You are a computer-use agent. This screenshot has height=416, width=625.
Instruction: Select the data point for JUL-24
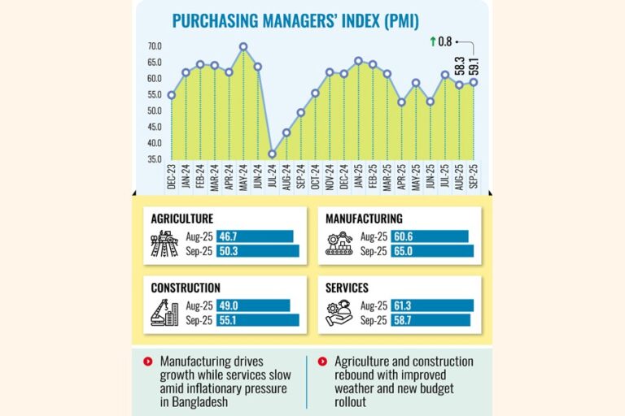click(273, 154)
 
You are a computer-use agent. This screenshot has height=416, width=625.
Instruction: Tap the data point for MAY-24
click(243, 47)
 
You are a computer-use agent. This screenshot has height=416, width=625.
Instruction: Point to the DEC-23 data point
click(171, 95)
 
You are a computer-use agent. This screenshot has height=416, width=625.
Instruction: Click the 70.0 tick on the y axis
click(155, 46)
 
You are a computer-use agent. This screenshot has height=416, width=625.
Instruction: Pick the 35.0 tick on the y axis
click(155, 160)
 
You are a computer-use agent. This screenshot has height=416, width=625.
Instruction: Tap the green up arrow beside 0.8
click(433, 41)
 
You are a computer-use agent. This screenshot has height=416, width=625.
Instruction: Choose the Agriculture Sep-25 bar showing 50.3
click(258, 251)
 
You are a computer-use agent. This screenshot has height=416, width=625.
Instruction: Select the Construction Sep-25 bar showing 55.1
click(258, 320)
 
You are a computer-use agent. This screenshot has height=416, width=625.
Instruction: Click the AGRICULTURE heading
click(182, 219)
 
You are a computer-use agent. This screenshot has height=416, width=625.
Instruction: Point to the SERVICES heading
click(347, 288)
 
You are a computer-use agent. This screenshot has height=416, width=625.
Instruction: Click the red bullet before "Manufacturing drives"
click(147, 361)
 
